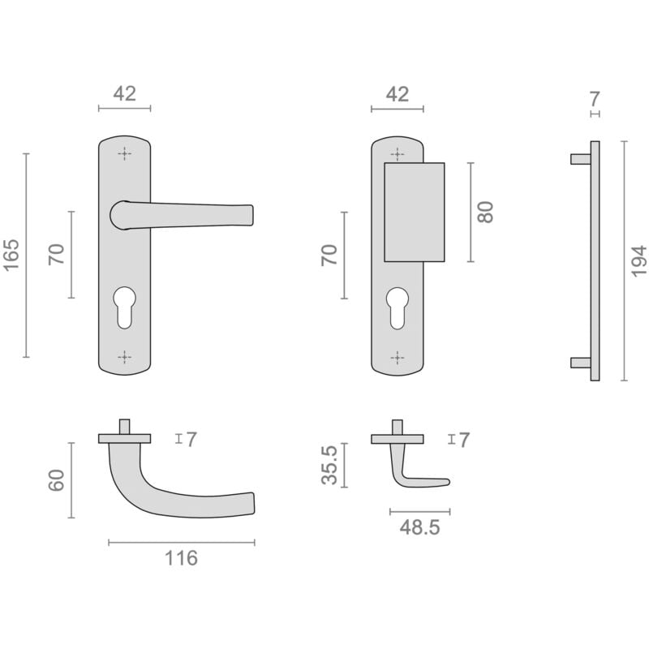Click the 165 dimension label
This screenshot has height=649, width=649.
[11, 255]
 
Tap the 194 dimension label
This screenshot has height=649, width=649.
[638, 260]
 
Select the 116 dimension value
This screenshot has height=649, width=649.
[181, 558]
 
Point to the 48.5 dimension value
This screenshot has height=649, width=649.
[419, 527]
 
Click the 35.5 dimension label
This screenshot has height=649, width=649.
[330, 465]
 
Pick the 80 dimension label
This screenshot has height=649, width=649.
[485, 212]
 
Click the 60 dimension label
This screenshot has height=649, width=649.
[57, 480]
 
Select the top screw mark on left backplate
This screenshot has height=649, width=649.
[125, 153]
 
